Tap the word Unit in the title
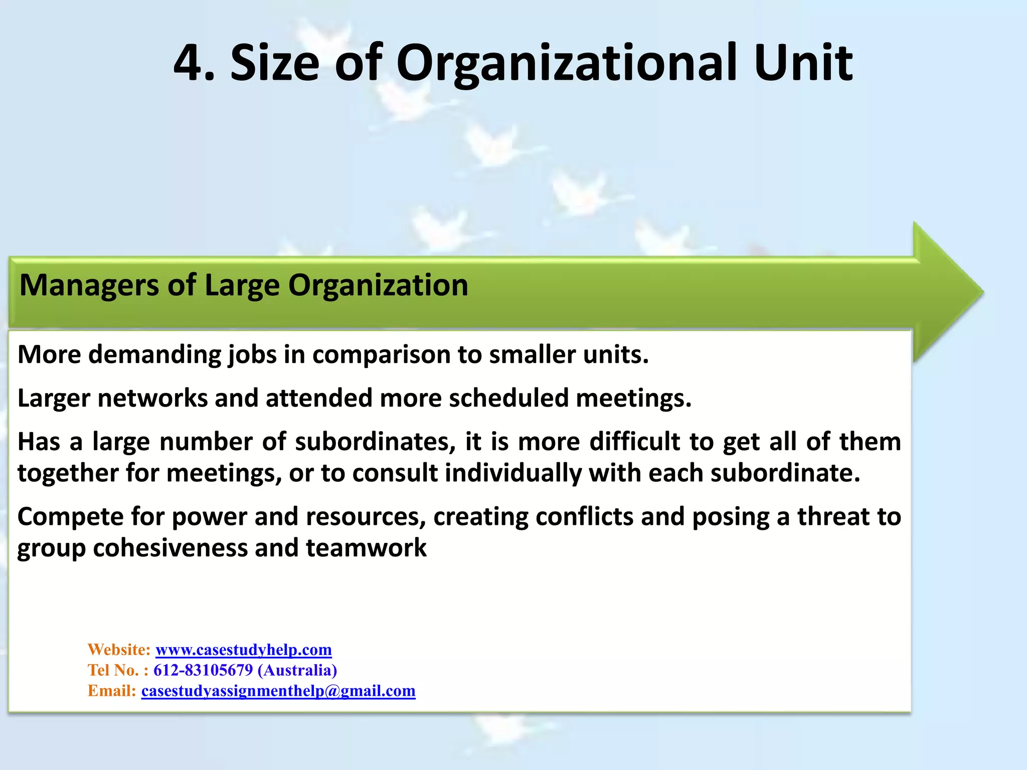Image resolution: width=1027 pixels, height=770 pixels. coord(803,63)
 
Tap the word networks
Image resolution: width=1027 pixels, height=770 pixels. coord(152,399)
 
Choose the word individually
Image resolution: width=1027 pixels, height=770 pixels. coord(512,473)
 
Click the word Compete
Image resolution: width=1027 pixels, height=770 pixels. coord(70,517)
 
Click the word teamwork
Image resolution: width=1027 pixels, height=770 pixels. coord(366,548)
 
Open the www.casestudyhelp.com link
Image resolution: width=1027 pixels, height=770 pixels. coord(244,650)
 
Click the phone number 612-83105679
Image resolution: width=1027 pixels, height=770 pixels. coord(203,670)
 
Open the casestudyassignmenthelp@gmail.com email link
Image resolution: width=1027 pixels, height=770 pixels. coord(278,691)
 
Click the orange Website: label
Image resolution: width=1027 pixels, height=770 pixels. coord(119,650)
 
